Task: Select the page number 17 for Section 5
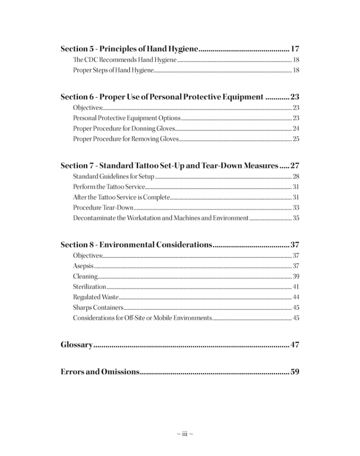(295, 49)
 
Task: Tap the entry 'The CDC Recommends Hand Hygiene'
(124, 60)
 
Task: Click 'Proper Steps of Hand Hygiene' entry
(113, 71)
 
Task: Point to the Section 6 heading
(162, 97)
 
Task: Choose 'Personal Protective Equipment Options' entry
(127, 118)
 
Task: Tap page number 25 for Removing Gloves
(296, 139)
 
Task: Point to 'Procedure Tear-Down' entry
(103, 208)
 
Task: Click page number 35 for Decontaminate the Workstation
(296, 218)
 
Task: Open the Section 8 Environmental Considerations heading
(136, 244)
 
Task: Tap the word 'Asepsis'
(83, 266)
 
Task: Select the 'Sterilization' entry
(89, 287)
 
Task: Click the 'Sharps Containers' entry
(98, 308)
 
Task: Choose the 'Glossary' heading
(76, 345)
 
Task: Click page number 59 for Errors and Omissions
(295, 372)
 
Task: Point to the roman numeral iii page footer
(184, 434)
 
